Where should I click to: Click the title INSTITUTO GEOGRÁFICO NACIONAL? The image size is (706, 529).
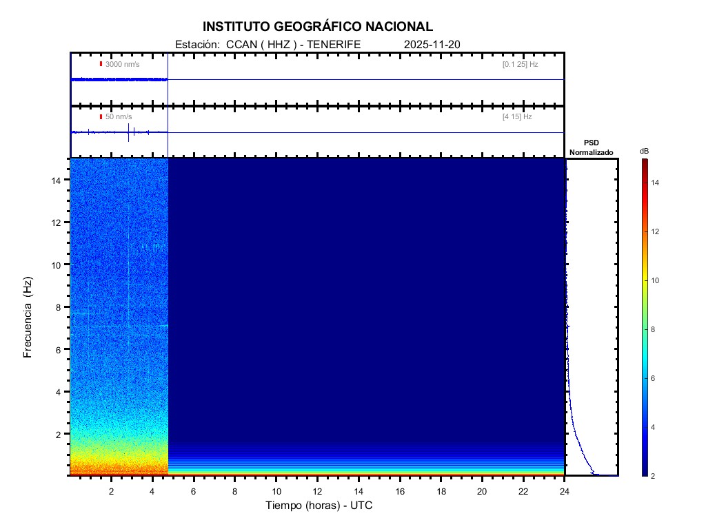click(318, 27)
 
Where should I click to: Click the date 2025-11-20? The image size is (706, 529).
click(432, 45)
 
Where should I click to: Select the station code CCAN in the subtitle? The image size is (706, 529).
click(238, 45)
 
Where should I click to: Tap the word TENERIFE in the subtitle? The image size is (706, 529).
click(334, 45)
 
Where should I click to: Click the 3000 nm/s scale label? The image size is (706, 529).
click(123, 64)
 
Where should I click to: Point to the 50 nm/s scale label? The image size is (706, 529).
click(119, 117)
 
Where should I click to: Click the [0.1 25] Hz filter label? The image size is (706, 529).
click(520, 64)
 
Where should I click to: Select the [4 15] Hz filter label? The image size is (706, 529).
click(517, 117)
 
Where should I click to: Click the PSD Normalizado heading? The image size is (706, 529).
click(591, 147)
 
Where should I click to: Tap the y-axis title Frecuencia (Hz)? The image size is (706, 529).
click(28, 318)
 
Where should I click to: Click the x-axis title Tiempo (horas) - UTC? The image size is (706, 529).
click(319, 506)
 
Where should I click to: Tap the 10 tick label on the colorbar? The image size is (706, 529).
click(656, 280)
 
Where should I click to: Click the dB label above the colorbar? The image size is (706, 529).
click(644, 151)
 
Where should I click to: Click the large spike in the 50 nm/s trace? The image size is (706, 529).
click(129, 132)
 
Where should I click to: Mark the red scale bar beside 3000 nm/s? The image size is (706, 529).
click(101, 64)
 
